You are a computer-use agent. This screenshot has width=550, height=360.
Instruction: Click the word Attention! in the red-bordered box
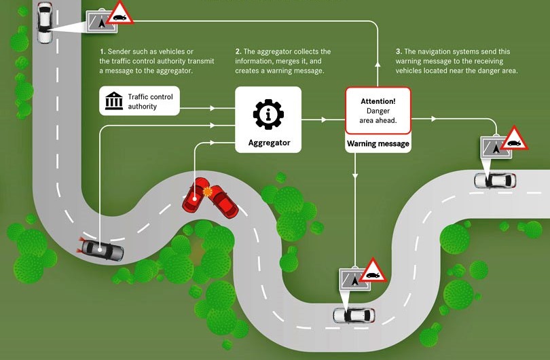click(378, 101)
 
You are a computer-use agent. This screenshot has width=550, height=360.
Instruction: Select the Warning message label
click(378, 144)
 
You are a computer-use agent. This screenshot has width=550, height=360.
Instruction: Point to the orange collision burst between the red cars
click(207, 193)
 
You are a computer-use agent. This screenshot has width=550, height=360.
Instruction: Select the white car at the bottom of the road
click(352, 314)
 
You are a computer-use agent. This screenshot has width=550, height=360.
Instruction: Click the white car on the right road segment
click(494, 180)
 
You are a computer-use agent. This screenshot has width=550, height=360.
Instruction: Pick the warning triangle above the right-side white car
click(514, 139)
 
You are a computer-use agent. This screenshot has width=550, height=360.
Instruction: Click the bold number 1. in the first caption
click(103, 52)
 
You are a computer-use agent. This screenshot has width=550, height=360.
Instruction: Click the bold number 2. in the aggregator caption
click(238, 52)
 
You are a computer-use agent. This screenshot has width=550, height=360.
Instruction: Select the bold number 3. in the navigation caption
click(398, 52)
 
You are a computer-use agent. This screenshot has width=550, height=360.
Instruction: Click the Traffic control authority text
click(150, 101)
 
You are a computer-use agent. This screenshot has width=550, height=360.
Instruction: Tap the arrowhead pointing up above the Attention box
click(378, 65)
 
